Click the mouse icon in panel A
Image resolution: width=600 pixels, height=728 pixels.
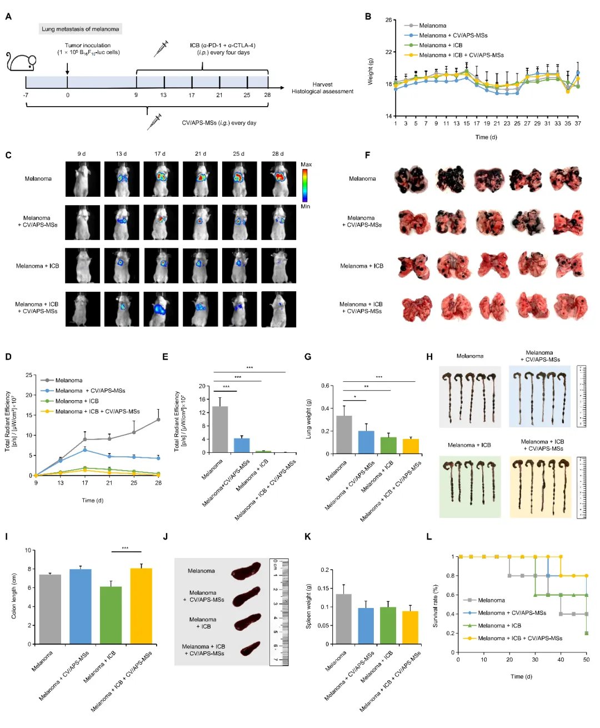coord(21,62)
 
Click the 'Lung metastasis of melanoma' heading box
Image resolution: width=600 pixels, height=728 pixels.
coord(80,29)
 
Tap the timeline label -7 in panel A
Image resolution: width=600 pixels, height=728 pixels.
coord(26,95)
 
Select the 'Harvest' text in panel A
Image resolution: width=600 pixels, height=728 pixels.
coord(322,84)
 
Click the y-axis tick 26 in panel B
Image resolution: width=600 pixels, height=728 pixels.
coord(388,20)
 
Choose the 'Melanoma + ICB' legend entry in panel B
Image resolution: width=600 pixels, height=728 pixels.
coord(441,45)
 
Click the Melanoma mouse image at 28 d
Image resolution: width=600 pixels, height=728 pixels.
coord(278,179)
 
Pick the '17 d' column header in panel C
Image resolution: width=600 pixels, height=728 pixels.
coord(160,154)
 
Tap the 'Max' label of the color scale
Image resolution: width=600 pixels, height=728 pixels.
coord(306,164)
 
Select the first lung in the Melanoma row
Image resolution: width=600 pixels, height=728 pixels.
coord(411,179)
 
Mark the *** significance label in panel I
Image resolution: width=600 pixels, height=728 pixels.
coord(126,549)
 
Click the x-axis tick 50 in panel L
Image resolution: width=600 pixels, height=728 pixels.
coord(586,659)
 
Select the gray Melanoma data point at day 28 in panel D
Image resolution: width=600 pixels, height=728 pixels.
coord(158,420)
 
